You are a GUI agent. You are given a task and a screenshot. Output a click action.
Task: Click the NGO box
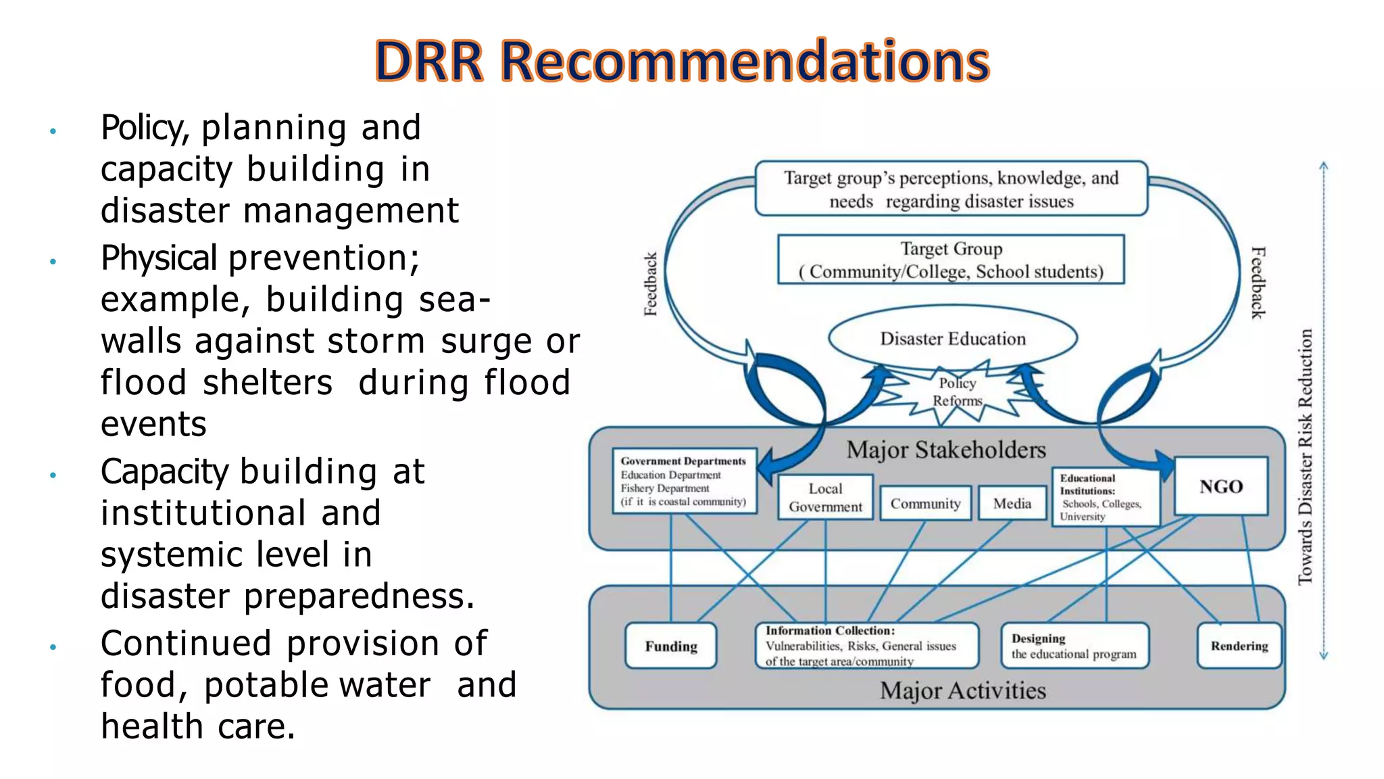click(1220, 486)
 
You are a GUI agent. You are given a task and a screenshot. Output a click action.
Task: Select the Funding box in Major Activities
click(670, 646)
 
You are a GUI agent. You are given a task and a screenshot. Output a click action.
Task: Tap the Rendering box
click(1239, 646)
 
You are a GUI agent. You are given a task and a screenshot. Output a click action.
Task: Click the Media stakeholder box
click(1012, 503)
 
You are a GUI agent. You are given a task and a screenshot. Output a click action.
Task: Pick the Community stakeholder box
click(925, 503)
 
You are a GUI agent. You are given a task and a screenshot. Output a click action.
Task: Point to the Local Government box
click(825, 498)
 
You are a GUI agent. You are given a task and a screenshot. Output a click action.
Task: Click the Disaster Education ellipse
click(952, 338)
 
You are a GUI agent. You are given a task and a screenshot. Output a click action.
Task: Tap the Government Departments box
click(684, 481)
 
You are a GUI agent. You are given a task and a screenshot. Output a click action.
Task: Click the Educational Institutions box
click(1105, 497)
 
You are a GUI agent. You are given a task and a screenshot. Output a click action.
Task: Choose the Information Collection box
click(866, 646)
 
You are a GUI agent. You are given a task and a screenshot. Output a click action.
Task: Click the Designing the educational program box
click(1074, 646)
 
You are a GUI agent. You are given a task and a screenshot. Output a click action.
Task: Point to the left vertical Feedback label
click(650, 284)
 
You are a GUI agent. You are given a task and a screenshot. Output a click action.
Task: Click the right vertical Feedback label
click(1257, 283)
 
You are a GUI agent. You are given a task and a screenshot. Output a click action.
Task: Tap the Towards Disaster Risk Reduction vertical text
click(1305, 457)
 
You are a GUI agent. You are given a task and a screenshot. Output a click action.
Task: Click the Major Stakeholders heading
click(946, 450)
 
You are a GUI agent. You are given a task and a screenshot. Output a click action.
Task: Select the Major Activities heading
click(962, 690)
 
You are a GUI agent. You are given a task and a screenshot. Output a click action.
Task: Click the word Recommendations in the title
click(745, 62)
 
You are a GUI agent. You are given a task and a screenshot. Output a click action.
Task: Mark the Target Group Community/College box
click(951, 260)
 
